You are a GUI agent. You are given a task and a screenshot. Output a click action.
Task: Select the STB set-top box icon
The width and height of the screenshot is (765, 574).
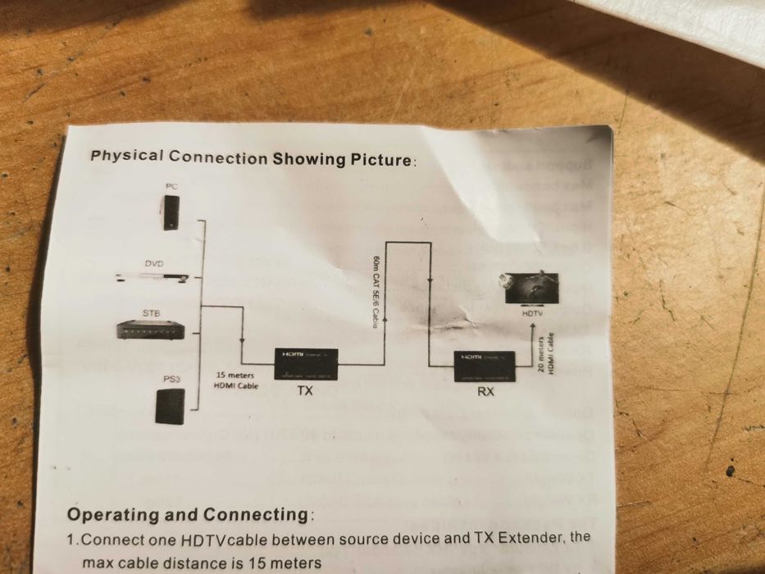click(150, 329)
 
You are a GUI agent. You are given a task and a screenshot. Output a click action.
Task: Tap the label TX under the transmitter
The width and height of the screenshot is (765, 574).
click(305, 391)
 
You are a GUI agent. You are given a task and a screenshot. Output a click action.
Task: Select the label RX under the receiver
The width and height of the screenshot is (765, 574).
click(486, 392)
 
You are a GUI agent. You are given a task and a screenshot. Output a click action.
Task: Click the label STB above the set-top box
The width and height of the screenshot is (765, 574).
click(152, 313)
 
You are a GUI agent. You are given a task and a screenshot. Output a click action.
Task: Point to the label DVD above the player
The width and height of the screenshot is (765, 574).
click(154, 263)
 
